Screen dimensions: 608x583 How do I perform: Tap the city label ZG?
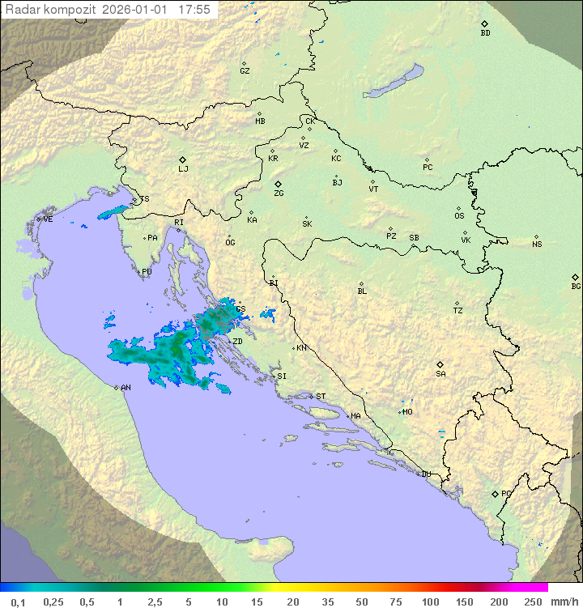279,194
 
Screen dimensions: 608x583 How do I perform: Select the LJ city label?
183,169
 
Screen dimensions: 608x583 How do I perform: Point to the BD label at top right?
485,33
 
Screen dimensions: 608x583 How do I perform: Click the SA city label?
440,374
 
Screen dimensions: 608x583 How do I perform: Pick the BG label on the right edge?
576,287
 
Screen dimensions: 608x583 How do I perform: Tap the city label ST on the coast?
321,397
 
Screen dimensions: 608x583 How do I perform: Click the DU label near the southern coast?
425,474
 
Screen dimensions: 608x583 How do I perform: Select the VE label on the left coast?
48,219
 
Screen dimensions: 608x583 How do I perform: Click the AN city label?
126,388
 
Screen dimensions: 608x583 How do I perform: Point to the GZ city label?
245,71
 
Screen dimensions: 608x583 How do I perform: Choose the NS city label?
537,244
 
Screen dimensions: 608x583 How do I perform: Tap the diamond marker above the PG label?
495,493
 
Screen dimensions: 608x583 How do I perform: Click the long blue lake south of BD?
394,82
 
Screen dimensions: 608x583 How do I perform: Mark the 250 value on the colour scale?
532,602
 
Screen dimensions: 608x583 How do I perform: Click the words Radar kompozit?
49,10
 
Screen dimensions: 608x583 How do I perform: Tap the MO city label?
407,412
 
